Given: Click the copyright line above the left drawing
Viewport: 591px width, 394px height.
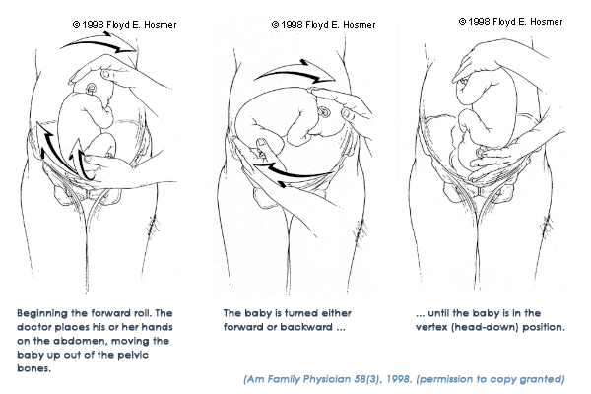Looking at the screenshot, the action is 124,25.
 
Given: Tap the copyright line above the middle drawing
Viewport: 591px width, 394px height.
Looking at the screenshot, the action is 323,25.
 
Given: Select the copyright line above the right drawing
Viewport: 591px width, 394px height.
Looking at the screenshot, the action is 510,22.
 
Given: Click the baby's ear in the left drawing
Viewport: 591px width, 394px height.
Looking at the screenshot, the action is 92,89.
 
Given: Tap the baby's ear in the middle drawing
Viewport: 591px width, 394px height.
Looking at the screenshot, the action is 324,112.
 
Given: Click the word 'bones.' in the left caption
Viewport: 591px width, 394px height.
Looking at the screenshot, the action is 33,368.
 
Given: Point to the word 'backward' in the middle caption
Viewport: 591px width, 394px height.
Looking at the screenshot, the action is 310,327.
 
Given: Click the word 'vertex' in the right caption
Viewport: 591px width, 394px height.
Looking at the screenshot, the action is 431,327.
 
